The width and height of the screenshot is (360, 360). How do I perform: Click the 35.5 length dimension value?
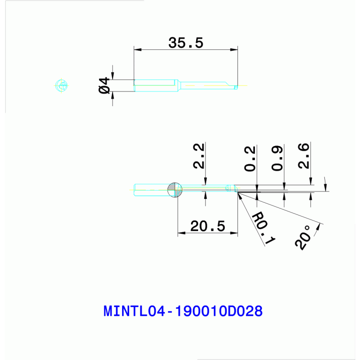[186, 43]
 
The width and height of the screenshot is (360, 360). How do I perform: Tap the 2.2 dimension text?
[199, 156]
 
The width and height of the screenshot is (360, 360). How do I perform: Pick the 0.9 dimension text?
[277, 158]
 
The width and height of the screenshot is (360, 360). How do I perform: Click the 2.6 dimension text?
[304, 156]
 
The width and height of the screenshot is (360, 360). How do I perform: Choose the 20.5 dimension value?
[207, 227]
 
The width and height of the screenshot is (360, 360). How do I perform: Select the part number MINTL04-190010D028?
[183, 311]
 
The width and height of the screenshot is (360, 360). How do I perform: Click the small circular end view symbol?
[61, 85]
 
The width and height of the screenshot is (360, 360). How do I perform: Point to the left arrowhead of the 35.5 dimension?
[137, 49]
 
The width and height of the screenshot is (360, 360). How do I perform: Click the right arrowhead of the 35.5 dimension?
[234, 49]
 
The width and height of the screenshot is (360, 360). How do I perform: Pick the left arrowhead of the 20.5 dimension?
[181, 233]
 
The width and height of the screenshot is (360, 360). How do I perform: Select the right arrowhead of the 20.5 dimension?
[235, 233]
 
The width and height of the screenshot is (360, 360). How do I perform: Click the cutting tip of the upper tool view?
[236, 86]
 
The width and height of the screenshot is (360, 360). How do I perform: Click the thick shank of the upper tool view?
[155, 85]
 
